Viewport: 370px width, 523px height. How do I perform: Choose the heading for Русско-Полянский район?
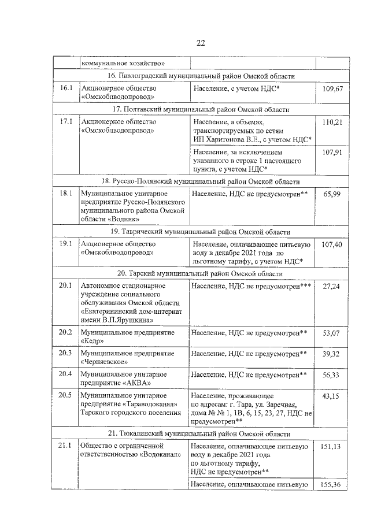[200, 181]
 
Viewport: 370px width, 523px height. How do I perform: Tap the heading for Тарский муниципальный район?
[200, 273]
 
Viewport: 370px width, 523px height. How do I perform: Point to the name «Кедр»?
[93, 341]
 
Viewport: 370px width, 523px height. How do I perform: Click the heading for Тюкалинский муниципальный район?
[200, 433]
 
